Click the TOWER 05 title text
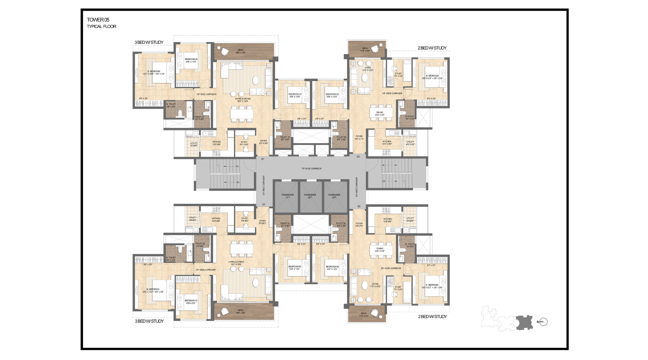[x=98, y=20]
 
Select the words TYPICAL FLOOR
[x=101, y=27]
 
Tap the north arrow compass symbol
[x=543, y=322]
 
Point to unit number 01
[x=263, y=159]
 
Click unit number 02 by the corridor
[x=358, y=157]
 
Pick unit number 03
[x=359, y=206]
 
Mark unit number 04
[x=264, y=204]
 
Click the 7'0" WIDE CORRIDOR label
[x=311, y=169]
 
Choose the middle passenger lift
[x=310, y=196]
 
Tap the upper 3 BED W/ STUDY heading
[x=149, y=42]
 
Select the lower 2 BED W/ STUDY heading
[x=432, y=317]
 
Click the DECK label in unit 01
[x=240, y=50]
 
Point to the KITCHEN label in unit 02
[x=387, y=142]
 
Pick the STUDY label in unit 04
[x=245, y=218]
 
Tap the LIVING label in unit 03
[x=375, y=284]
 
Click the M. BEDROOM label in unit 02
[x=432, y=76]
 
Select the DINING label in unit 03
[x=380, y=249]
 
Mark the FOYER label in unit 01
[x=263, y=141]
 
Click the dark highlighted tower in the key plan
[x=524, y=323]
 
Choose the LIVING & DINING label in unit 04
[x=236, y=262]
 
